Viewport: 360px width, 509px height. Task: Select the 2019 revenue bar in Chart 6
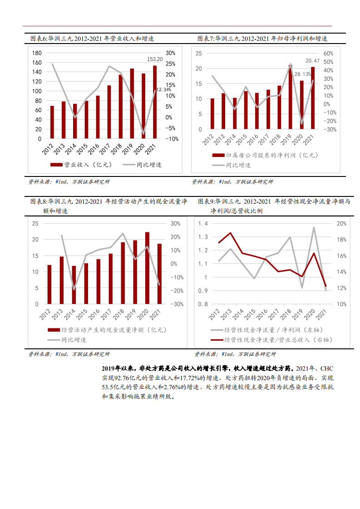(x=132, y=103)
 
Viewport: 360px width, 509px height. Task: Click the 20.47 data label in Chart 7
(x=312, y=61)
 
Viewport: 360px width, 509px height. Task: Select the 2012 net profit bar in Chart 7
(x=212, y=113)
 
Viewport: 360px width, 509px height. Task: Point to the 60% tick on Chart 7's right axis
(x=329, y=53)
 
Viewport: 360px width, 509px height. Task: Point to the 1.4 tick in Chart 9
(x=203, y=224)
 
